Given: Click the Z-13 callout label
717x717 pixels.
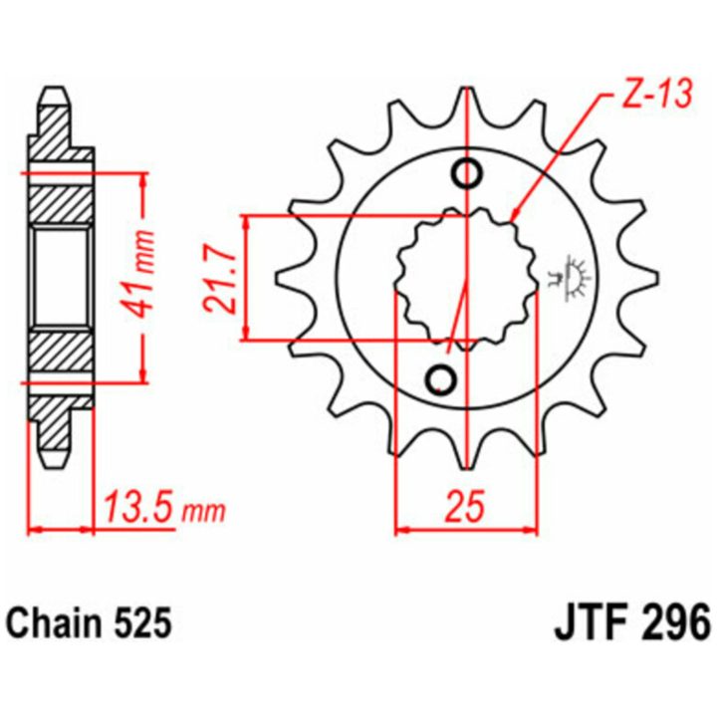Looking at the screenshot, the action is (656, 95).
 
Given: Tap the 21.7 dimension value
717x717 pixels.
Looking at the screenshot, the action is (220, 278).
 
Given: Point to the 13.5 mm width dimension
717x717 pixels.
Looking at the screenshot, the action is (165, 507).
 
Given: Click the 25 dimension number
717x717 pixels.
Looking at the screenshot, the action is (465, 506).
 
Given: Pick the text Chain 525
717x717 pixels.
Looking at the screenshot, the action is (91, 622).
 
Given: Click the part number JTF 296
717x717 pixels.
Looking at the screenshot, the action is (632, 621).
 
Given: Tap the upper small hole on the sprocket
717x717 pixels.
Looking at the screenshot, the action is (466, 173).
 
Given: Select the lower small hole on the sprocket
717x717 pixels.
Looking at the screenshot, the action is (441, 379).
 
